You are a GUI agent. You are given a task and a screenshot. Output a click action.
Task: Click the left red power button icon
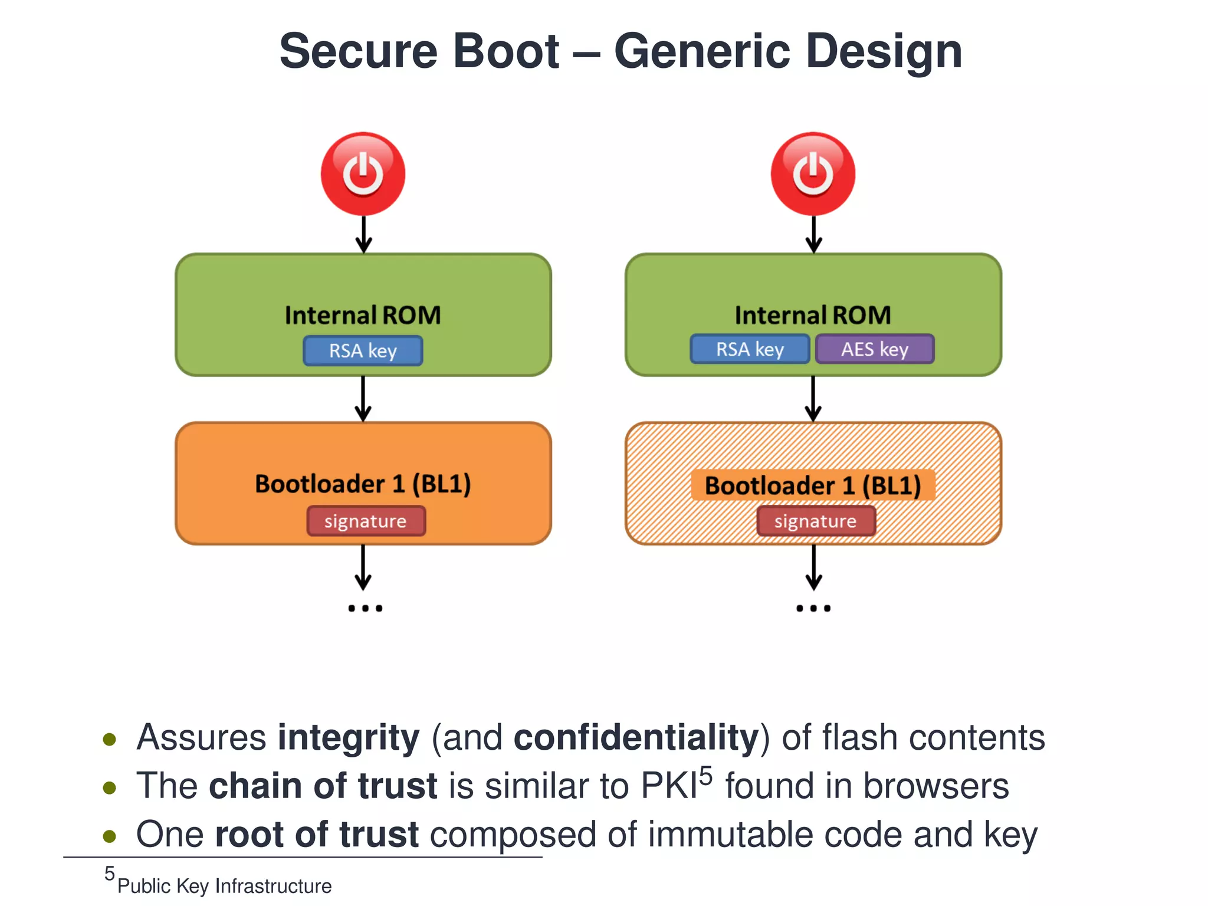(363, 174)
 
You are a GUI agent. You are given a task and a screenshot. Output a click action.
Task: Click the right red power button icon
(813, 174)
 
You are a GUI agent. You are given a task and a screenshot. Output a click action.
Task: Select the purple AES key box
(875, 349)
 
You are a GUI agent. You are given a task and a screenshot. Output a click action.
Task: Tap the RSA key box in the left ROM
(363, 351)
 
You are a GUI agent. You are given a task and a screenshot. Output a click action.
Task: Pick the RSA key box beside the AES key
(750, 349)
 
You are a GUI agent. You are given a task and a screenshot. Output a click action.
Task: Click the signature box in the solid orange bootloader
(366, 521)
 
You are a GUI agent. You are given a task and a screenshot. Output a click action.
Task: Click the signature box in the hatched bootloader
(816, 521)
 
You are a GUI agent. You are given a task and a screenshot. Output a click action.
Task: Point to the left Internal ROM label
(363, 315)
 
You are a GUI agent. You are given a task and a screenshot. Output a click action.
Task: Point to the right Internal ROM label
(813, 315)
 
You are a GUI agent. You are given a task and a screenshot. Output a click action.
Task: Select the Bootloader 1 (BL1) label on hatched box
(813, 485)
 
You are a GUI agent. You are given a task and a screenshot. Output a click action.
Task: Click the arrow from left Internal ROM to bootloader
(363, 399)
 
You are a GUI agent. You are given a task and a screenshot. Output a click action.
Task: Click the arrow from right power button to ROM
(813, 234)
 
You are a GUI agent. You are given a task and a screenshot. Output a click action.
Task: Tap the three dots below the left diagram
(365, 608)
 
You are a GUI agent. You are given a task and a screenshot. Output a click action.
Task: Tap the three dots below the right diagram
(813, 608)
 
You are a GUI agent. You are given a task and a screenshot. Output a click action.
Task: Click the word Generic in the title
(702, 52)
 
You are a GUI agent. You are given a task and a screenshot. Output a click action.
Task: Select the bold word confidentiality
(636, 738)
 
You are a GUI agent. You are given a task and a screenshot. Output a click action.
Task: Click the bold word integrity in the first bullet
(349, 738)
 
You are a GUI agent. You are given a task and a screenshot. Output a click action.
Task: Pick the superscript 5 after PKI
(706, 776)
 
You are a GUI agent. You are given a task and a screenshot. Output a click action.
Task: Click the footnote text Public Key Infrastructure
(224, 886)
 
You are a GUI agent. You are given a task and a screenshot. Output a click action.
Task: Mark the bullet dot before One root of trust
(109, 836)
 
